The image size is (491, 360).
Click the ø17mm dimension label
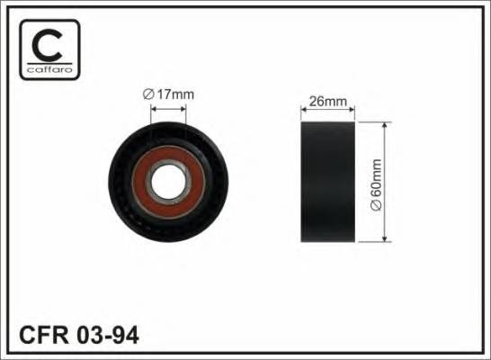[x=168, y=94]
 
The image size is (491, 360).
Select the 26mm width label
[x=328, y=101]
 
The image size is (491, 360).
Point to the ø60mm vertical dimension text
[x=377, y=184]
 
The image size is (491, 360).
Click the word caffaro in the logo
[x=49, y=69]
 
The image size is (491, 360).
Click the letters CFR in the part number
[x=43, y=336]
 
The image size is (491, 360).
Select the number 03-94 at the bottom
[x=107, y=336]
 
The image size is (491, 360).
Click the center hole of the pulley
[x=169, y=183]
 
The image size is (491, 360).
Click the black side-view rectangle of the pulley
[x=328, y=182]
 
